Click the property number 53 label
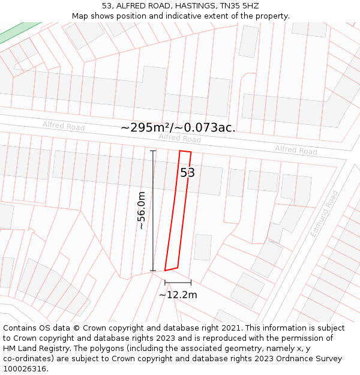click(187, 173)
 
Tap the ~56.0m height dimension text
click(141, 211)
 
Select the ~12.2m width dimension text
click(178, 295)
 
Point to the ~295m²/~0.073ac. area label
click(178, 127)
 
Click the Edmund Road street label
click(324, 214)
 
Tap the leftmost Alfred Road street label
click(63, 126)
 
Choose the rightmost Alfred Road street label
click(296, 149)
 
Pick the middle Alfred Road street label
click(179, 138)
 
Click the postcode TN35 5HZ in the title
click(239, 5)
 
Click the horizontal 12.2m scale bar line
click(178, 282)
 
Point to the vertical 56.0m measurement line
click(153, 211)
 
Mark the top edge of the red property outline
click(185, 152)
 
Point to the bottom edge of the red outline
click(172, 269)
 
